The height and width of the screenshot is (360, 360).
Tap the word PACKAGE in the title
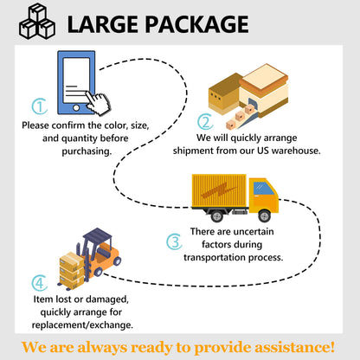pos(196,24)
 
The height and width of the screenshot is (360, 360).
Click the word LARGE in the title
pos(102,24)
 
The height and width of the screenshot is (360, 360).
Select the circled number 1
pos(40,106)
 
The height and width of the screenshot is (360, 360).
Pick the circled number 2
pos(205,122)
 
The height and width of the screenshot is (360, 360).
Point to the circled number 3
pos(174,241)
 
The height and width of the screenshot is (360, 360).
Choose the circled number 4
pos(40,283)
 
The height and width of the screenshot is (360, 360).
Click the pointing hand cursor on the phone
pos(98,103)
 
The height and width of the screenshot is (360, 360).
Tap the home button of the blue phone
pos(76,108)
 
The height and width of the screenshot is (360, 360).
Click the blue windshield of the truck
pos(263,189)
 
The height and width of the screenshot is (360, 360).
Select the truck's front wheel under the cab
pos(264,215)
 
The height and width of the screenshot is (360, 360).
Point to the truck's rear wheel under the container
pos(216,215)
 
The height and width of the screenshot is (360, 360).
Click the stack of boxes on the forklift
pos(72,270)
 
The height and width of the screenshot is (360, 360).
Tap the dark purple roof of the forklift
pos(98,235)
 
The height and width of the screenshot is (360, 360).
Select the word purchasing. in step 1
pos(87,151)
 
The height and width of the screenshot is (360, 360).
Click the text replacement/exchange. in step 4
pos(82,325)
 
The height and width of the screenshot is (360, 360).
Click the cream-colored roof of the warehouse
pos(263,76)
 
